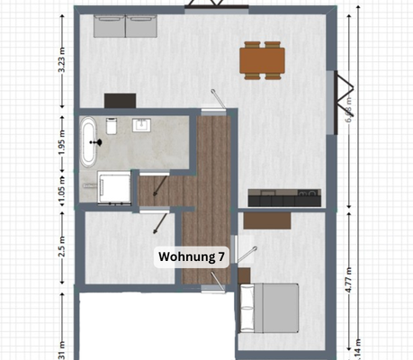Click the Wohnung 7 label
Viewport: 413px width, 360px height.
coord(191,256)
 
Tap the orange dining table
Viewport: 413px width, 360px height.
coord(262,59)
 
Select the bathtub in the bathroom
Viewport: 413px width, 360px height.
coord(89,143)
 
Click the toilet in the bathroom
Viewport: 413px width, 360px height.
coord(112,123)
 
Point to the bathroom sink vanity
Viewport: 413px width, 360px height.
coord(143,124)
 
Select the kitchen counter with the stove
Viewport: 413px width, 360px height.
coord(284,197)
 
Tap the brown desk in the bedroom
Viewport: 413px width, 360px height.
coord(269,219)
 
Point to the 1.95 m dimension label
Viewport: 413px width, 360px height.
coord(61,142)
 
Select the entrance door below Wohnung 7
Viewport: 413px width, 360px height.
coord(213,287)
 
